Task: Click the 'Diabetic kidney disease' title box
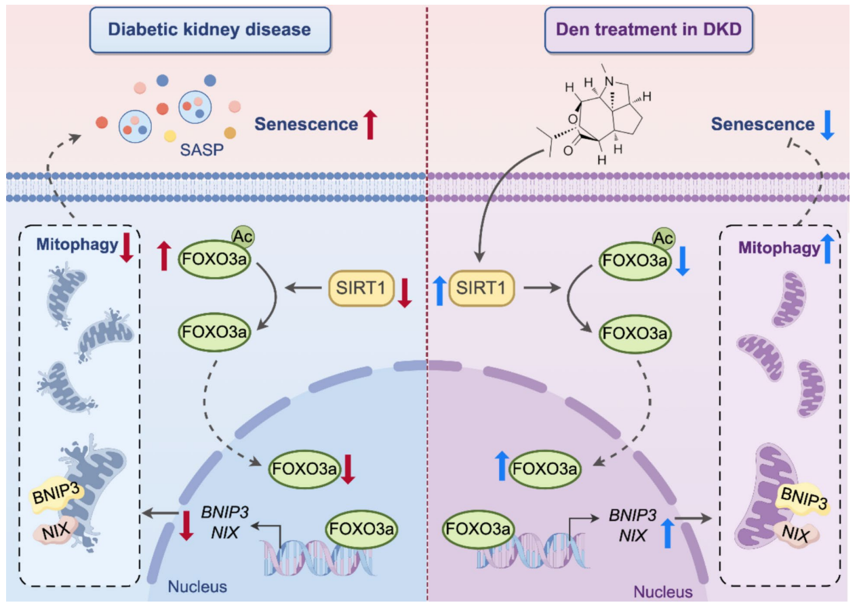[210, 30]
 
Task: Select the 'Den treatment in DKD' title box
[649, 30]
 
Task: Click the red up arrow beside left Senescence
[370, 125]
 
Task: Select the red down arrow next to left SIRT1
[404, 292]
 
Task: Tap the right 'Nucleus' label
[664, 592]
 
